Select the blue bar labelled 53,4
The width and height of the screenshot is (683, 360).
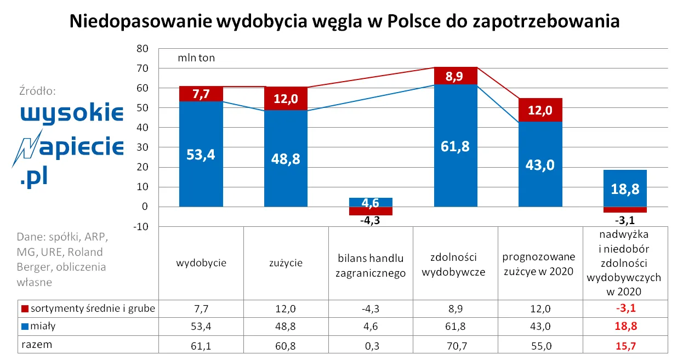click(x=201, y=155)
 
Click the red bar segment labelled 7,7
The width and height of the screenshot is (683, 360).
click(x=201, y=94)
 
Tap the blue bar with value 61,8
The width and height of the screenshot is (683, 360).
click(x=456, y=146)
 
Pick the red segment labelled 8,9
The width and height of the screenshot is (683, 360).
click(x=456, y=76)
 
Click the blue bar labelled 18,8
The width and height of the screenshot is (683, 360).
click(x=624, y=188)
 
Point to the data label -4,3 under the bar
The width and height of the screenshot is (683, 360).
click(x=371, y=221)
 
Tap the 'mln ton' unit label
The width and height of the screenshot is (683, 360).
click(x=196, y=58)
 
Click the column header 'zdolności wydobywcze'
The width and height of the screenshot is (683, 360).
click(x=455, y=264)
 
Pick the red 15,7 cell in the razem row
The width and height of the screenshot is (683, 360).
click(x=624, y=346)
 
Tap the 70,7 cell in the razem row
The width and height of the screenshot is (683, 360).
click(x=455, y=346)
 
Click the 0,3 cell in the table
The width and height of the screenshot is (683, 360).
click(x=371, y=346)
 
